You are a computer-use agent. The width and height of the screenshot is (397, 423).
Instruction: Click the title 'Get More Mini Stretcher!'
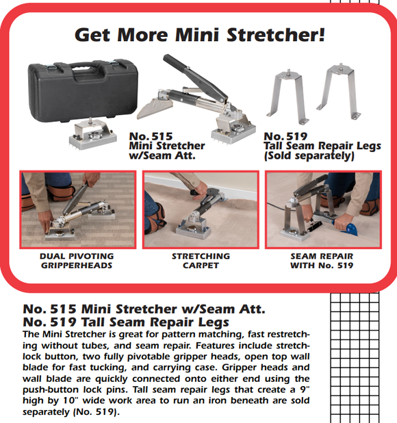coord(198,34)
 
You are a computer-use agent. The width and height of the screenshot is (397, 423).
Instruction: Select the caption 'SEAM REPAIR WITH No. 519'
coord(322,261)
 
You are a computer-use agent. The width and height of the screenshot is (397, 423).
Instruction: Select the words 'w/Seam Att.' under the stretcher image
coord(162,155)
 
